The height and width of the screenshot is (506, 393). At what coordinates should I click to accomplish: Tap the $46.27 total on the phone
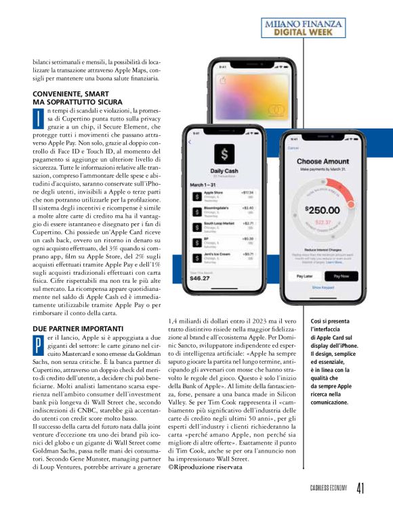tap(199, 277)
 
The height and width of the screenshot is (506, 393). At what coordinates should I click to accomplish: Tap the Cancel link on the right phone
tap(293, 147)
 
